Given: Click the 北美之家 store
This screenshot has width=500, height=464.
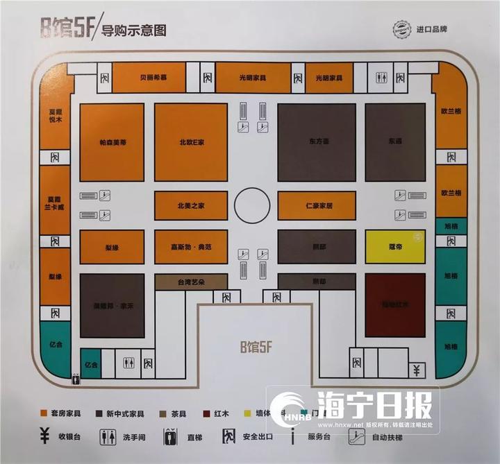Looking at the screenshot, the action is point(190,205).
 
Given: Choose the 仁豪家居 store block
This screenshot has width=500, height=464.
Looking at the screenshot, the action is point(321,205).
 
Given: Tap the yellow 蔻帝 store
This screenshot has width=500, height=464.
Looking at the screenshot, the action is point(395,246).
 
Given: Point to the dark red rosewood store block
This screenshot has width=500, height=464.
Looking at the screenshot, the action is point(395,304).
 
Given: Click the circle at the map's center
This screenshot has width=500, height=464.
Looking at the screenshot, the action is point(252,205).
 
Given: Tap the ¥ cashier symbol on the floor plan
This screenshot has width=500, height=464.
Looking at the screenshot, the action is point(416,368).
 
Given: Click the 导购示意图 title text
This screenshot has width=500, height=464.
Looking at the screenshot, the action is point(134,31).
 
